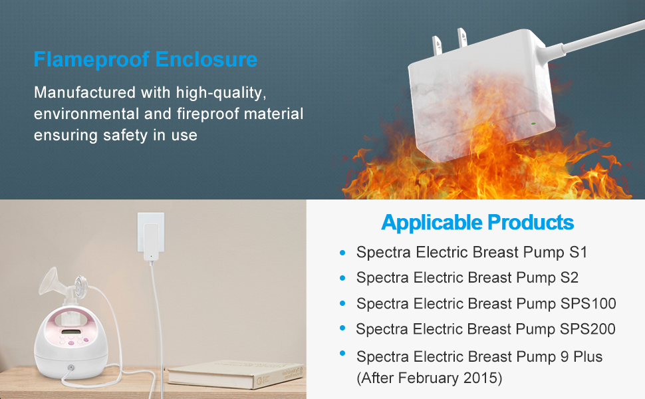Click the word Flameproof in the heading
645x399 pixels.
coord(91,60)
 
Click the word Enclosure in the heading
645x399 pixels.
coord(207,59)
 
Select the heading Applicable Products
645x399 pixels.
coord(477,223)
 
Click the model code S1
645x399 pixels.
coord(578,252)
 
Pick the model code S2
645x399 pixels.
coord(569,278)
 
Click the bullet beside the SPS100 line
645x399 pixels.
coord(342,303)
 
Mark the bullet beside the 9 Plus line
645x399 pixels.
coord(342,353)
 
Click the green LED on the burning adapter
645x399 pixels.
coord(533,124)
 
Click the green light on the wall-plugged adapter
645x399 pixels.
coord(152,256)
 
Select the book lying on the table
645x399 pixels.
coord(236,374)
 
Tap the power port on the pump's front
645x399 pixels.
coord(70,367)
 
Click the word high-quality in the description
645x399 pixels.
coord(221,93)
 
